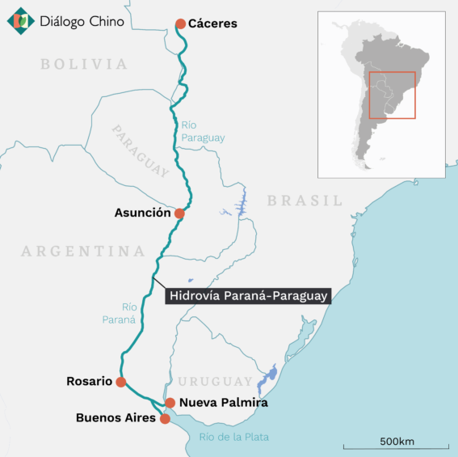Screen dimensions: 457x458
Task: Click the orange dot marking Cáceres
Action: pyautogui.click(x=180, y=23)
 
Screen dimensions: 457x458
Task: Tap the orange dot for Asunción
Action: pyautogui.click(x=179, y=214)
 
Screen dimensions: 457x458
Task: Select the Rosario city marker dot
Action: pyautogui.click(x=120, y=382)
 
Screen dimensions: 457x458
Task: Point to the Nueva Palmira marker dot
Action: pyautogui.click(x=170, y=402)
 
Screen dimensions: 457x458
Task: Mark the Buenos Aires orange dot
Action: pyautogui.click(x=165, y=418)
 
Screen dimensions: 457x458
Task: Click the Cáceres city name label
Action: pyautogui.click(x=212, y=23)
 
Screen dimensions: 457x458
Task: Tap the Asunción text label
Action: pyautogui.click(x=144, y=214)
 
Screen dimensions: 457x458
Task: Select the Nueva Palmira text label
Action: pyautogui.click(x=223, y=402)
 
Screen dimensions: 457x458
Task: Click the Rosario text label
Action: pyautogui.click(x=89, y=382)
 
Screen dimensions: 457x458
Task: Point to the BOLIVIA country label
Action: pyautogui.click(x=84, y=64)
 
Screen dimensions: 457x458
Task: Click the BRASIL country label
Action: pyautogui.click(x=305, y=201)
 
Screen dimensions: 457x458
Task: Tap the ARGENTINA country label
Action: pyautogui.click(x=83, y=252)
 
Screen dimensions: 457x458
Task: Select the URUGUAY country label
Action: pyautogui.click(x=216, y=382)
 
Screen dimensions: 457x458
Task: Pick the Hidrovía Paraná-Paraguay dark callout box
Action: pyautogui.click(x=248, y=296)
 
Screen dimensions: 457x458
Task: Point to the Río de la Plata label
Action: pyautogui.click(x=233, y=438)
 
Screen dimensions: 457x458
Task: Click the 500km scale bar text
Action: pyautogui.click(x=397, y=441)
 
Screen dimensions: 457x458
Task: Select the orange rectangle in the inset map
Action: pyautogui.click(x=392, y=95)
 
